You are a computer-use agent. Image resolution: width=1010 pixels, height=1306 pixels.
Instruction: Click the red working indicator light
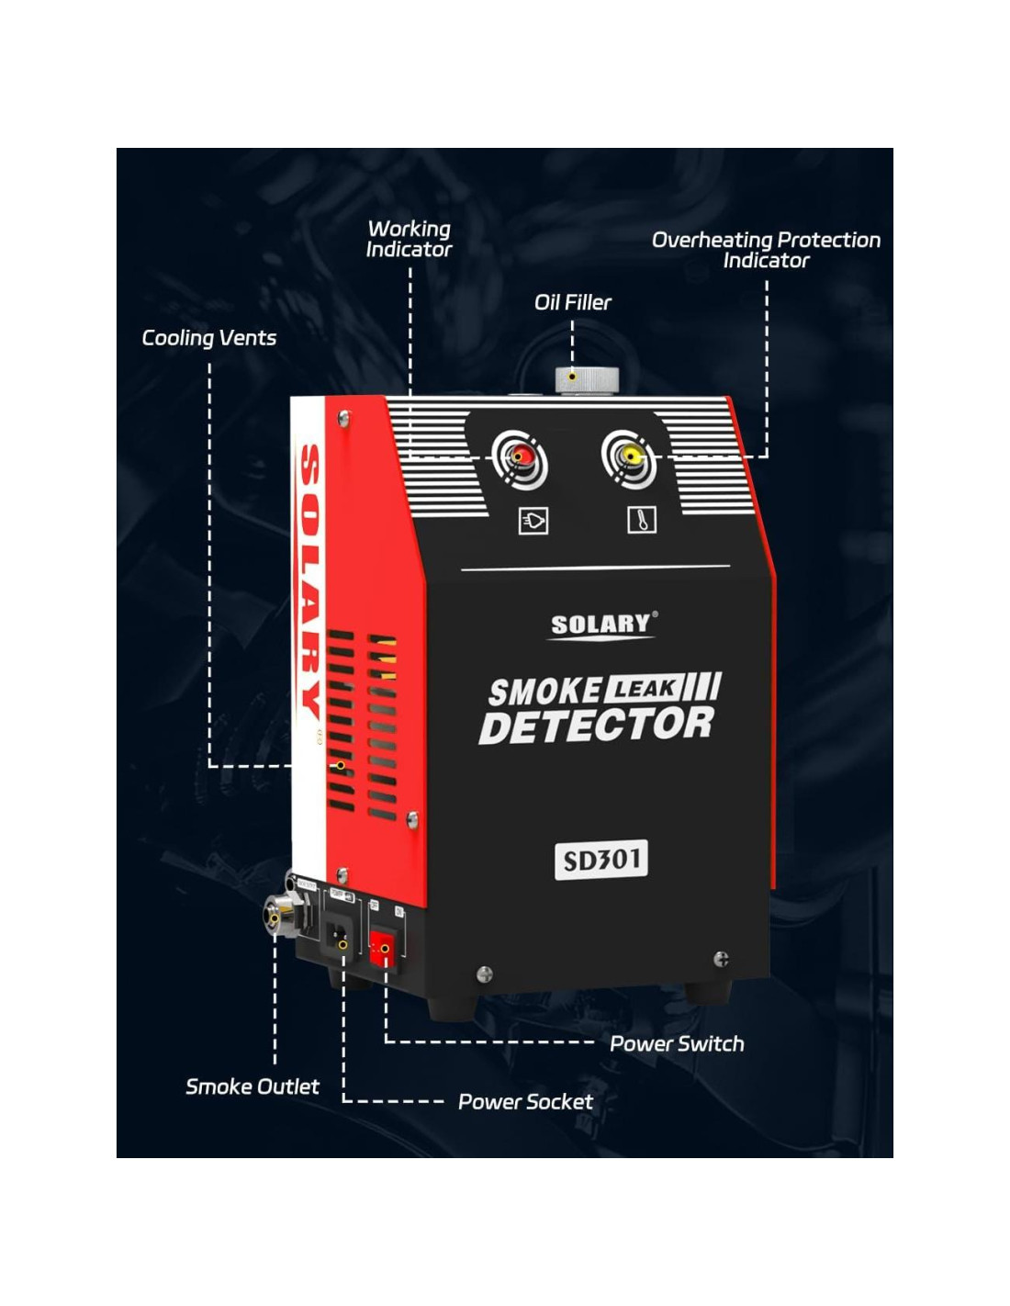click(521, 456)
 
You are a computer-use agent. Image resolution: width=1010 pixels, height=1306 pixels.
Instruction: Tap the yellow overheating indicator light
click(630, 455)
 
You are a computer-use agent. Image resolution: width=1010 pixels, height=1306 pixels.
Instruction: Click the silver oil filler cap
click(586, 379)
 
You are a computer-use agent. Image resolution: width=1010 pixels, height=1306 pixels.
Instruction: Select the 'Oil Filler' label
click(572, 302)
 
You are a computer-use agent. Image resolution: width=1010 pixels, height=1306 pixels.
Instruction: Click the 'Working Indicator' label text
click(409, 239)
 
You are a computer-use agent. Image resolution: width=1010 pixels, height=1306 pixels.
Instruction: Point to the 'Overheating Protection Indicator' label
click(766, 250)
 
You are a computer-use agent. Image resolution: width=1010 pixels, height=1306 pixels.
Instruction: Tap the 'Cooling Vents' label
click(208, 338)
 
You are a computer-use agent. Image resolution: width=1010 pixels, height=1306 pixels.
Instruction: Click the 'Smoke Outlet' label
click(252, 1086)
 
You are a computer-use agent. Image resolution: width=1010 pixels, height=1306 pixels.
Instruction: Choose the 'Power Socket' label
click(525, 1101)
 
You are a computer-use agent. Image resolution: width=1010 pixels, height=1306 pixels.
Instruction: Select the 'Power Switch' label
click(677, 1043)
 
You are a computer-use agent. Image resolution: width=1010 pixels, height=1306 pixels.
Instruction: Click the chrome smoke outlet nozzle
click(275, 915)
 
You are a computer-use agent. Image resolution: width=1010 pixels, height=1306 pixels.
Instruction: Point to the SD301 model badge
click(601, 860)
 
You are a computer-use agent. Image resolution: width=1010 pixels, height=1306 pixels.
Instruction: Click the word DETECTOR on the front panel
click(597, 726)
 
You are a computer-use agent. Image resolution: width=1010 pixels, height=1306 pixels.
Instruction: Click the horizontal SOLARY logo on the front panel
click(600, 625)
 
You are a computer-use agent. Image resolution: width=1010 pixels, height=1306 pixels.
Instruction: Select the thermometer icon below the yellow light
click(642, 520)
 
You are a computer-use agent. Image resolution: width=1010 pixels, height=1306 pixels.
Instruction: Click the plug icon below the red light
click(533, 521)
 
